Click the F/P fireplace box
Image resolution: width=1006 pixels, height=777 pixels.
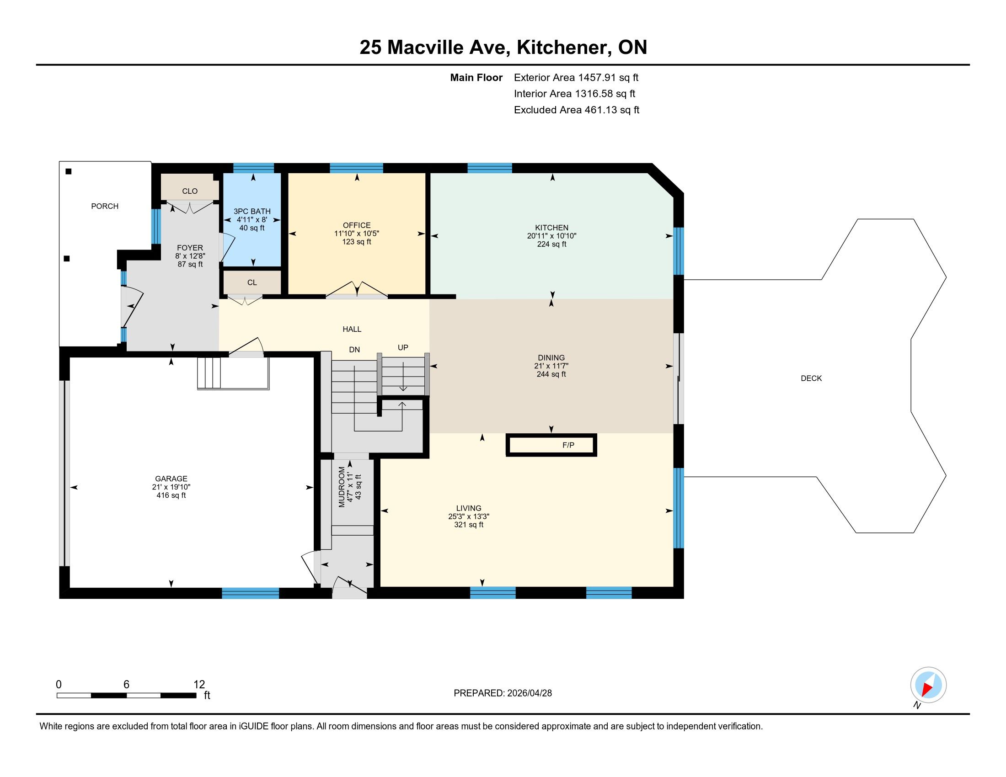551,445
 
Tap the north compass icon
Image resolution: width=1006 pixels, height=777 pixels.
928,685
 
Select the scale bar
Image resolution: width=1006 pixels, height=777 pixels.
127,695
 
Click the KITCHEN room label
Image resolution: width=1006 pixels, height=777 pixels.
552,228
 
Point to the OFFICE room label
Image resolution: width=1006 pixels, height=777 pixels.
357,225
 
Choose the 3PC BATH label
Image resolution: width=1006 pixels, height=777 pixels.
252,211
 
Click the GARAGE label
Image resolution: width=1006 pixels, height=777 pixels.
171,479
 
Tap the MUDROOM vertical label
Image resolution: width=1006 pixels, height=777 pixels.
342,487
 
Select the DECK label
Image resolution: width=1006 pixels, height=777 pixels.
811,378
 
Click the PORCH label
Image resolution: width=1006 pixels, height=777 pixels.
105,206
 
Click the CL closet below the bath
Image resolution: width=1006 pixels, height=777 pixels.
252,282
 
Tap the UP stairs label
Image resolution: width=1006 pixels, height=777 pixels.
403,347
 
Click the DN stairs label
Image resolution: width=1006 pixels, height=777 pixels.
354,350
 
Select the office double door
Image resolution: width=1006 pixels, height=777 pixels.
357,290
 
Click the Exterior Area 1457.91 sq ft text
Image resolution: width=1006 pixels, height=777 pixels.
576,77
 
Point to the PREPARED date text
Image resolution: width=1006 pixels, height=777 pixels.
503,693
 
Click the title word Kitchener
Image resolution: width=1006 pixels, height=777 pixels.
564,48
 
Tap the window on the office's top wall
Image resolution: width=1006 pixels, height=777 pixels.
357,168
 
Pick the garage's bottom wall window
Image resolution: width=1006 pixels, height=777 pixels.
251,593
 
